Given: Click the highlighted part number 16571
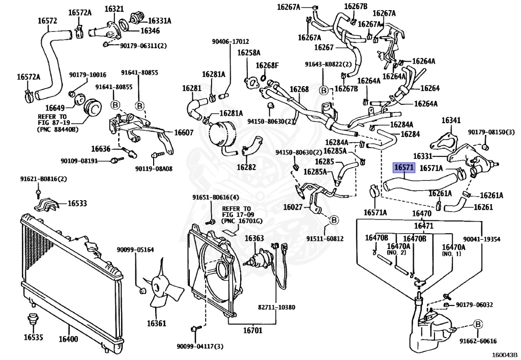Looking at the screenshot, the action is click(x=404, y=168).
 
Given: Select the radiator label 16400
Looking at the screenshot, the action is click(x=69, y=339).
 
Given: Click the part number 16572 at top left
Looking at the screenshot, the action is click(x=47, y=20).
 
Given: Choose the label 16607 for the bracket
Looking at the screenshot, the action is click(x=183, y=132).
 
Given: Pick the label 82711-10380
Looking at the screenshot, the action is click(x=276, y=307).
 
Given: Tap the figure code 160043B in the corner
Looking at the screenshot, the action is click(x=505, y=355).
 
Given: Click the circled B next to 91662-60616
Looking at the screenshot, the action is click(x=477, y=324).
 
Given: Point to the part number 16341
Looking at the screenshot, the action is click(x=451, y=120).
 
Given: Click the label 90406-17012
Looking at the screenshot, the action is click(x=230, y=42).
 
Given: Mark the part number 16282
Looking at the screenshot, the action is click(x=246, y=167).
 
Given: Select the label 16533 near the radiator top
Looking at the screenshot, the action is click(x=77, y=203).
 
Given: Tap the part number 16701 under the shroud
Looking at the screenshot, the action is click(x=252, y=330).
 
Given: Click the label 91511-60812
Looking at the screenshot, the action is click(x=325, y=239).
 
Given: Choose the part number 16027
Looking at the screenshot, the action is click(x=293, y=207).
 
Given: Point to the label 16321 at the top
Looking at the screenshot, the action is click(x=114, y=9).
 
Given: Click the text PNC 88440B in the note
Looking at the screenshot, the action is click(x=59, y=129).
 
